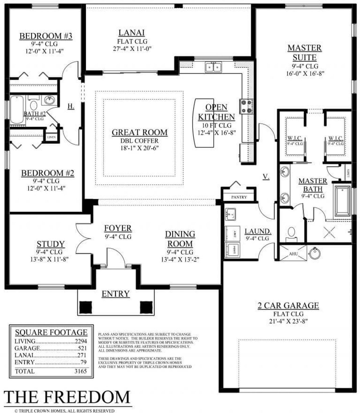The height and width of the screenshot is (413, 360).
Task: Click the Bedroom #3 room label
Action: coord(46,36)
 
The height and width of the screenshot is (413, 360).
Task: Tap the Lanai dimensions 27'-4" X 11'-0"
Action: coord(132,49)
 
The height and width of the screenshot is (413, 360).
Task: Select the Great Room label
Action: coord(139,132)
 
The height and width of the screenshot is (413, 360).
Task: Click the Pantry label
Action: coord(239,197)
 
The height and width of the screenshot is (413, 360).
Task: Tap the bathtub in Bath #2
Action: coord(17,110)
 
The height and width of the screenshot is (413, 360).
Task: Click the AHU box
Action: coord(293,254)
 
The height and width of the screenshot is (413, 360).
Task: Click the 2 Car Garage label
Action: coord(288,305)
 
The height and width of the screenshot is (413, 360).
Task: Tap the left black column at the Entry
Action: coord(85,307)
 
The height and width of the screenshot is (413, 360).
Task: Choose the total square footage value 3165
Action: coord(81,371)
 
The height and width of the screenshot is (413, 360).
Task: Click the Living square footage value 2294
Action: coord(81,341)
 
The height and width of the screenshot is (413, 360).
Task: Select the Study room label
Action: coord(51,244)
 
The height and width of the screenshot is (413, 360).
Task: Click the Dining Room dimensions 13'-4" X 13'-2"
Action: coord(180,259)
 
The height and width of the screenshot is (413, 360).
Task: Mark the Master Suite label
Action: coord(305,53)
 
